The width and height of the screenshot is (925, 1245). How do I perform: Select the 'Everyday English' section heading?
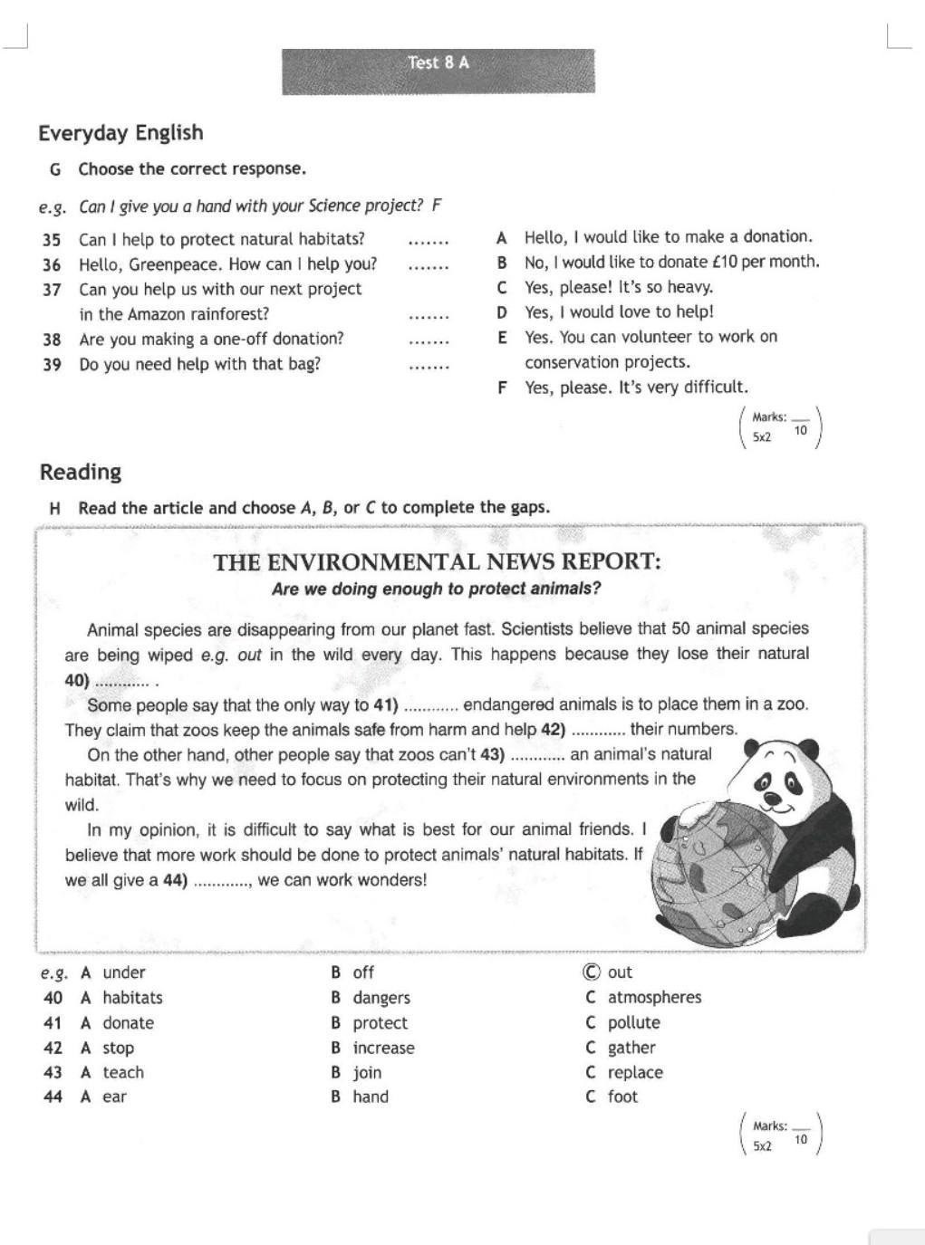pyautogui.click(x=120, y=133)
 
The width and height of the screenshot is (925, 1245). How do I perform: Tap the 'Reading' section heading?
pyautogui.click(x=81, y=472)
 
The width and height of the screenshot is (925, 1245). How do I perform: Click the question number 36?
pyautogui.click(x=52, y=265)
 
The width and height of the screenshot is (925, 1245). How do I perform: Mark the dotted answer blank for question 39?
pyautogui.click(x=429, y=366)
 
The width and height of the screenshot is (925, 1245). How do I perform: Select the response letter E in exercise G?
pyautogui.click(x=502, y=337)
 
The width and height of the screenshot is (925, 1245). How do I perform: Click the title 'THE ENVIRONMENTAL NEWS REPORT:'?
pyautogui.click(x=438, y=562)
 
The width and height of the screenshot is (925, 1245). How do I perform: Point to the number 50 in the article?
pyautogui.click(x=682, y=628)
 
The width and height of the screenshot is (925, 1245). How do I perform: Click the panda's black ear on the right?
pyautogui.click(x=810, y=749)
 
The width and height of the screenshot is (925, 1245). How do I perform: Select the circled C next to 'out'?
pyautogui.click(x=592, y=972)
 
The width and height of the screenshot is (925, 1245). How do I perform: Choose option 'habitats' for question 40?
pyautogui.click(x=132, y=998)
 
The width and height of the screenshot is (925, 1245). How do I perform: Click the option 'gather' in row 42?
pyautogui.click(x=631, y=1048)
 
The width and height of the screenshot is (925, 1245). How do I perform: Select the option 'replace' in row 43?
pyautogui.click(x=635, y=1073)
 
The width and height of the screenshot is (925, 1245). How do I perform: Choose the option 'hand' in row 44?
pyautogui.click(x=371, y=1097)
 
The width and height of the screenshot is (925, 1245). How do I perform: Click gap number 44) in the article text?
pyautogui.click(x=175, y=880)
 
